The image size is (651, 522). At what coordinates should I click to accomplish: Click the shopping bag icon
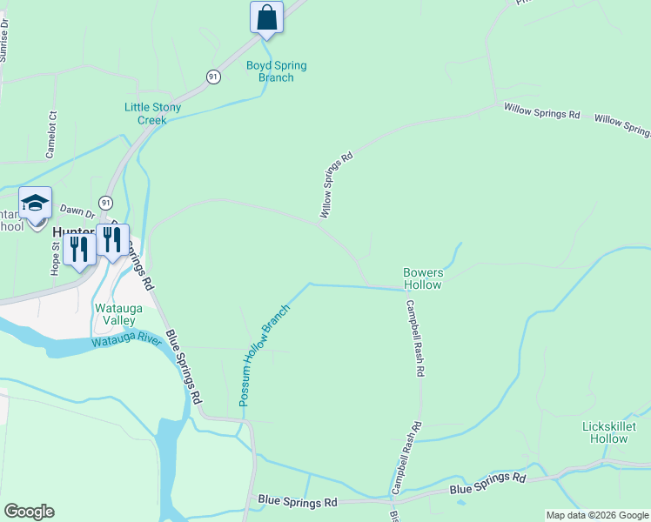click(x=266, y=17)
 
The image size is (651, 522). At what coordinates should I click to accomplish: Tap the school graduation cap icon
click(x=35, y=204)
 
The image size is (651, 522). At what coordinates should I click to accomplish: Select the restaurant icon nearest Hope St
click(x=79, y=249)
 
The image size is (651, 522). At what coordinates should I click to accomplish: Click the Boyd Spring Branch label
click(x=276, y=71)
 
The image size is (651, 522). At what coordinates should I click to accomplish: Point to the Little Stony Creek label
click(x=152, y=113)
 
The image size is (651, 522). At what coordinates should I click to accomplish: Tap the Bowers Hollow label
click(x=423, y=278)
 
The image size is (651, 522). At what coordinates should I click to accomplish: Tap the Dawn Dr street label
click(x=76, y=211)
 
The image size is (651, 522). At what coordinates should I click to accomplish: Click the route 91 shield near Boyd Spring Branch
click(x=213, y=77)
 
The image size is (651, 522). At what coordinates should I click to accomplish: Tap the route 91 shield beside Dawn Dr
click(x=105, y=202)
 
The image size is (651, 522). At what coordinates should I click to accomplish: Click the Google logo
click(x=29, y=512)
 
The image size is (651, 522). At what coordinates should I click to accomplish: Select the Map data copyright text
click(x=596, y=515)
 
